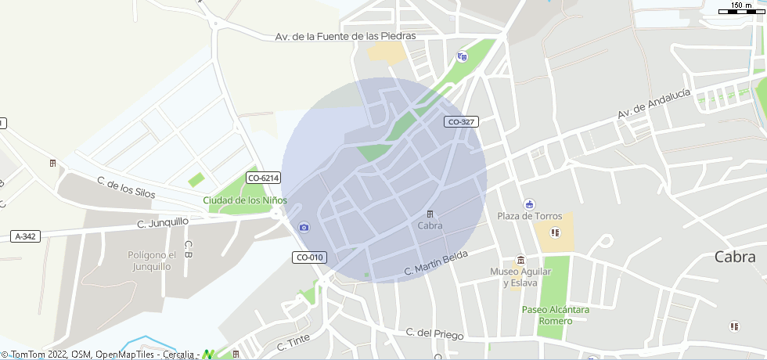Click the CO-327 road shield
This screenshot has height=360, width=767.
click(x=461, y=121)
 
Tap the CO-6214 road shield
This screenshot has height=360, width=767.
click(x=263, y=178)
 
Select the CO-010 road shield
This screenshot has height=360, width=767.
click(x=309, y=257)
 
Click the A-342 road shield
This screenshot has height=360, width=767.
click(x=26, y=236)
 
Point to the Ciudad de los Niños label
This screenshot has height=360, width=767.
click(x=245, y=200)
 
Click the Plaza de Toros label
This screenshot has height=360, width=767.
click(x=528, y=216)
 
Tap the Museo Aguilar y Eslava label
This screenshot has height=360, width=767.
click(x=520, y=277)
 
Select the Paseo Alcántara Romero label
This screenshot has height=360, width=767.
click(x=556, y=315)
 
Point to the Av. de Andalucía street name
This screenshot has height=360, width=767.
click(x=654, y=103)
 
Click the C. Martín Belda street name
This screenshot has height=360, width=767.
click(x=436, y=264)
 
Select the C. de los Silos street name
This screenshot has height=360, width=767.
click(x=126, y=187)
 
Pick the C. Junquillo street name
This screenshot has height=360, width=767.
click(x=163, y=222)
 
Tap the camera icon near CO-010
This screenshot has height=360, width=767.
click(x=304, y=228)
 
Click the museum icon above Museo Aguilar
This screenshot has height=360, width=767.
click(x=520, y=260)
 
